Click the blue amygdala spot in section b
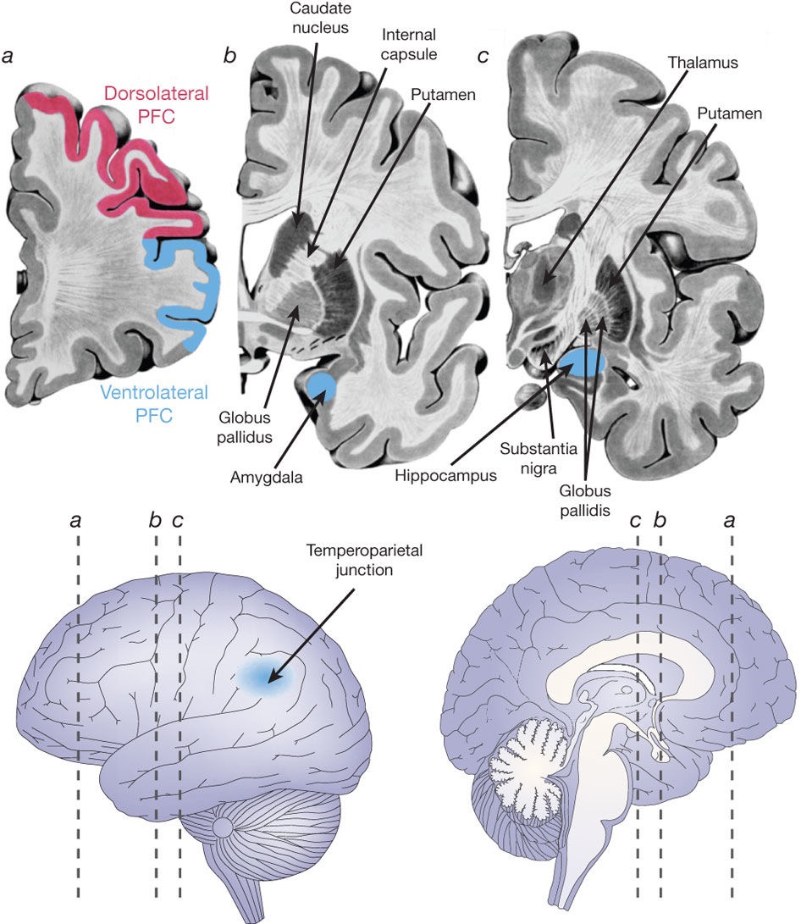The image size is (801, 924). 321,388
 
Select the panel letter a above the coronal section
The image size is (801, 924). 8,57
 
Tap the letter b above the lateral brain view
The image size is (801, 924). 155,520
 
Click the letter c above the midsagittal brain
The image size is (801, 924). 636,520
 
